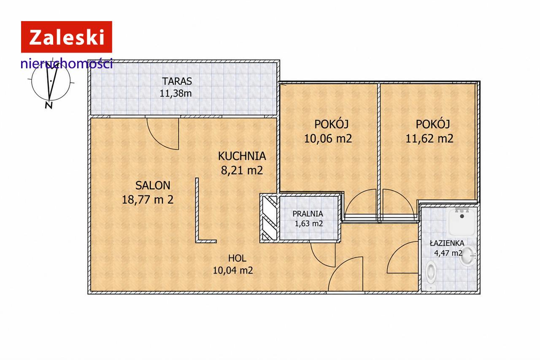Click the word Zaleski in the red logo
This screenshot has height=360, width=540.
pyautogui.click(x=67, y=37)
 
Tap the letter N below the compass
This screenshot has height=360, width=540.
pyautogui.click(x=49, y=105)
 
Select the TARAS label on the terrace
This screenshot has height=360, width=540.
pyautogui.click(x=177, y=81)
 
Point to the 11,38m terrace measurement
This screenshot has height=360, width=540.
pyautogui.click(x=175, y=93)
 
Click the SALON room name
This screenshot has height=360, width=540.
pyautogui.click(x=153, y=185)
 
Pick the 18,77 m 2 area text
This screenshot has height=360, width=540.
pyautogui.click(x=148, y=200)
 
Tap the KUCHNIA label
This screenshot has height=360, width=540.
pyautogui.click(x=242, y=156)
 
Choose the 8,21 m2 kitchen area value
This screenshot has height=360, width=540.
pyautogui.click(x=242, y=171)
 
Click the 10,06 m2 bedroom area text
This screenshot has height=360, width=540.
pyautogui.click(x=328, y=138)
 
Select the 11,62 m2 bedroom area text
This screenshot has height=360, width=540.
pyautogui.click(x=429, y=138)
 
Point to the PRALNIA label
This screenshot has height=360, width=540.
pyautogui.click(x=308, y=214)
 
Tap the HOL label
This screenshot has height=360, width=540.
pyautogui.click(x=237, y=258)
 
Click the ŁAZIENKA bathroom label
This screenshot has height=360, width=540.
pyautogui.click(x=447, y=243)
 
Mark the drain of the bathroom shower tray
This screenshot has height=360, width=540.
pyautogui.click(x=462, y=216)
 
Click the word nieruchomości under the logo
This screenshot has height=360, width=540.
pyautogui.click(x=67, y=64)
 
